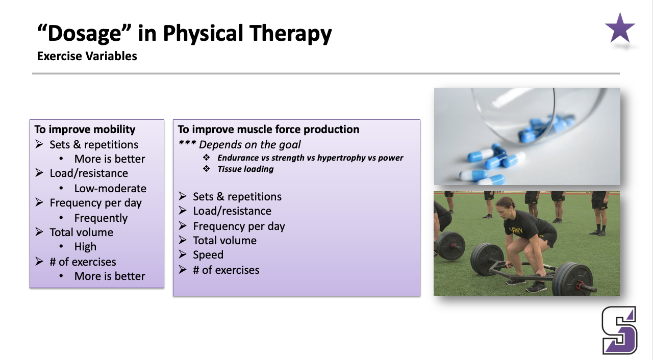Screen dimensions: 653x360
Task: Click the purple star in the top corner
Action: pyautogui.click(x=620, y=29)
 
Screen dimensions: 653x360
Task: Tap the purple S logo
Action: pyautogui.click(x=619, y=330)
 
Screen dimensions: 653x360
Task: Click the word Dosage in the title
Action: pyautogui.click(x=84, y=33)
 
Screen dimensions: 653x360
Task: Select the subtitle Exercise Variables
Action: pyautogui.click(x=87, y=56)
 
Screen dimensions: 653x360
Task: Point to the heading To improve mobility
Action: pyautogui.click(x=85, y=130)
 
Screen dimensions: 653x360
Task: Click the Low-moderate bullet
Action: pyautogui.click(x=110, y=189)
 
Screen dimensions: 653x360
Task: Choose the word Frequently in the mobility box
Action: pyautogui.click(x=101, y=218)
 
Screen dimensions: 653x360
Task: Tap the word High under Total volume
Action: pyautogui.click(x=85, y=247)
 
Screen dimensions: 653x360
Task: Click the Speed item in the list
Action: pyautogui.click(x=208, y=255)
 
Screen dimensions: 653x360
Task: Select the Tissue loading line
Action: pyautogui.click(x=245, y=169)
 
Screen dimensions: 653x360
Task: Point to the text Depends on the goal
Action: pyautogui.click(x=249, y=144)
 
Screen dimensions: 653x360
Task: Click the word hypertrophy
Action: pyautogui.click(x=341, y=158)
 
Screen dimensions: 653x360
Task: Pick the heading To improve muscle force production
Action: pyautogui.click(x=268, y=130)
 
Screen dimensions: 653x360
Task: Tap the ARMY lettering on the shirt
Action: pyautogui.click(x=516, y=230)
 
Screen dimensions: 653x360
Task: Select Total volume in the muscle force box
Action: pyautogui.click(x=225, y=241)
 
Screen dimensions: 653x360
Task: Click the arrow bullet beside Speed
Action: pyautogui.click(x=183, y=254)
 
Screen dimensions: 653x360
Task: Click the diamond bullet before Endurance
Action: pyautogui.click(x=207, y=158)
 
